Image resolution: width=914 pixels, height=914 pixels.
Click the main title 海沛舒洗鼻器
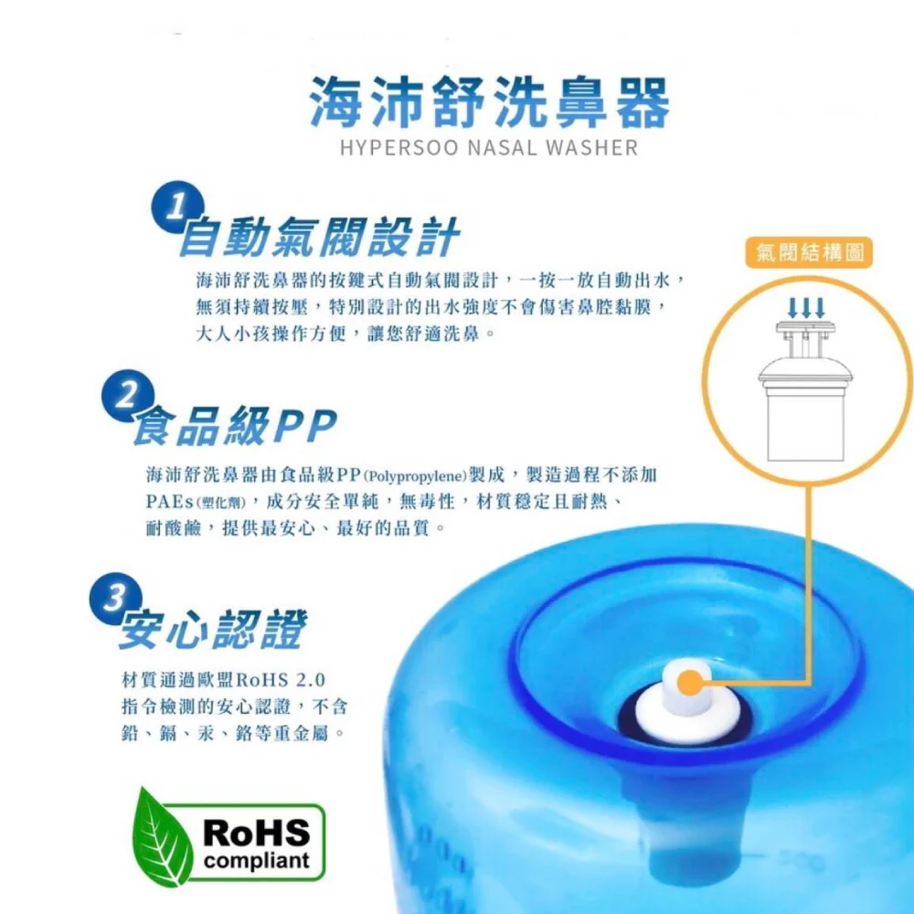489,103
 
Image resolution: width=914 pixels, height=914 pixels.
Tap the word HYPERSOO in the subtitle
400,148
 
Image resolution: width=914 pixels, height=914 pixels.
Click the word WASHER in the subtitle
591,148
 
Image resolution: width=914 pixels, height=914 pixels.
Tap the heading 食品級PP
236,426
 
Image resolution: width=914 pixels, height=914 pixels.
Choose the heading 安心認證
213,630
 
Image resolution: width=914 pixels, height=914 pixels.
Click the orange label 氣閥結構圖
809,253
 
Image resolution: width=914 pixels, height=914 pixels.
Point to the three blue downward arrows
806,308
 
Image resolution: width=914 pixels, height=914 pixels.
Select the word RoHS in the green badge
257,832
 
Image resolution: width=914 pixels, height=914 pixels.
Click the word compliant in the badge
257,861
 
